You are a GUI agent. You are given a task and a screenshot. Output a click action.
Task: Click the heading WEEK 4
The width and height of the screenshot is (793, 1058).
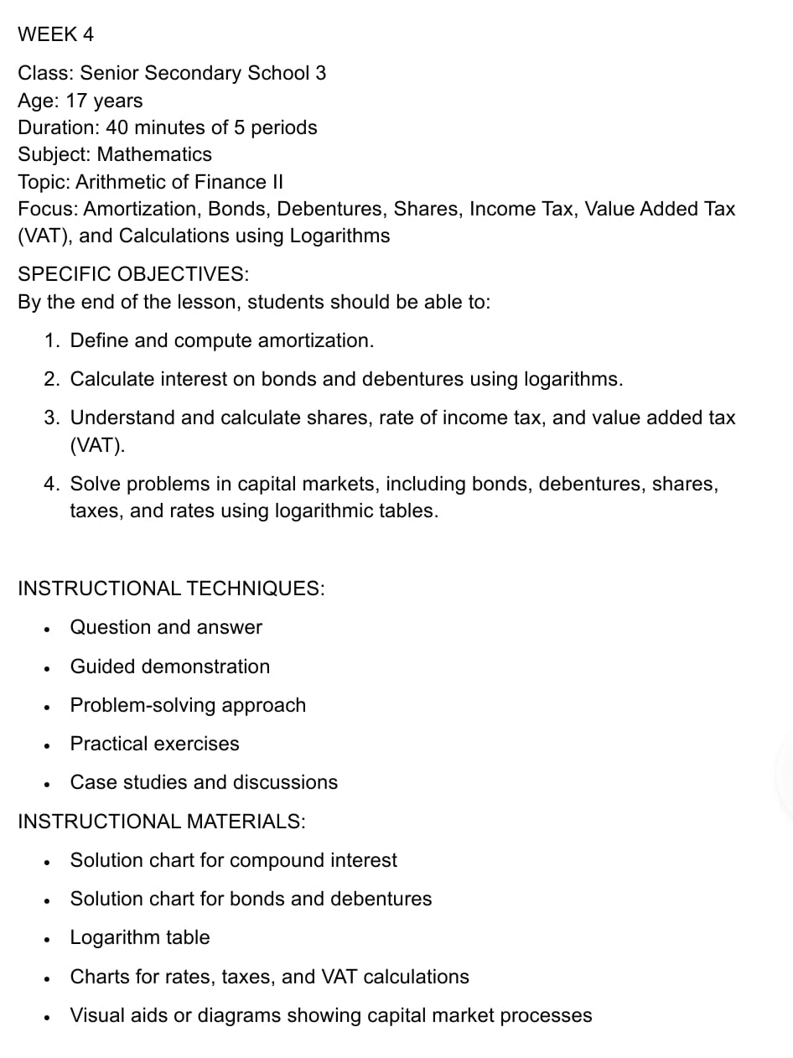(x=55, y=34)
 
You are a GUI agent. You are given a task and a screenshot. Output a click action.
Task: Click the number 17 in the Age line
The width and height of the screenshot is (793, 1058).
(x=77, y=101)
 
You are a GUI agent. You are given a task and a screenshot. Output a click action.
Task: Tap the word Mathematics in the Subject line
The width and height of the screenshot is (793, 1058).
(x=154, y=154)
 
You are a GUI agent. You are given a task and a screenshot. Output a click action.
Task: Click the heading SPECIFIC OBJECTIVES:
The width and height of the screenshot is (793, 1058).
(x=132, y=274)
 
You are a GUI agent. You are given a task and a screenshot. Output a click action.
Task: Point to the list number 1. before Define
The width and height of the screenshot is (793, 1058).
(x=52, y=340)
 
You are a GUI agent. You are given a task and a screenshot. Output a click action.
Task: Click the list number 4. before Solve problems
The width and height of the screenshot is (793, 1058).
(x=52, y=484)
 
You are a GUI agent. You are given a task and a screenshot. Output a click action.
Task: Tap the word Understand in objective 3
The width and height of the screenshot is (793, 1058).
(x=122, y=417)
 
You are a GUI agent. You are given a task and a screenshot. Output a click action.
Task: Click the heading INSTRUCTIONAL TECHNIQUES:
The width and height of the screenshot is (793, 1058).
(x=171, y=589)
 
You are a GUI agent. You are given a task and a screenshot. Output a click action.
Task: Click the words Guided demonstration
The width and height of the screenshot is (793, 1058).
(x=170, y=666)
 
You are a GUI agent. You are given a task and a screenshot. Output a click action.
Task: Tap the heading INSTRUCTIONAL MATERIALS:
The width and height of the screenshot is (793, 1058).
(x=162, y=822)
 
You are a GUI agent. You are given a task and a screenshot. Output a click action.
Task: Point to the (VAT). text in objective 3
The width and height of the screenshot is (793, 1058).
(x=98, y=444)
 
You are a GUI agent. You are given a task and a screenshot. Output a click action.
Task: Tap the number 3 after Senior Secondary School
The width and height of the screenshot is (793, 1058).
(x=320, y=73)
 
